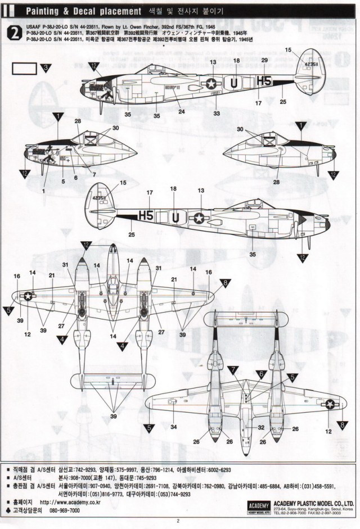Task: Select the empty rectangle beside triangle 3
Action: click(24, 69)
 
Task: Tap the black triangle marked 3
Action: click(46, 69)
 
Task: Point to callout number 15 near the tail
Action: click(289, 50)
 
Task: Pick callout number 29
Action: click(264, 60)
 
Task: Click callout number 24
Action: click(181, 111)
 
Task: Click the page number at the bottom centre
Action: click(177, 520)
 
